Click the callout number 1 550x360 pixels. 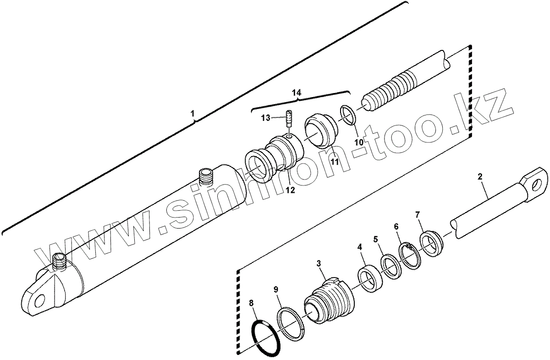pos(193,114)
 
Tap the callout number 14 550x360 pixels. pos(297,93)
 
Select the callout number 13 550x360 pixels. pos(265,118)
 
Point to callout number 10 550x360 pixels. pos(359,142)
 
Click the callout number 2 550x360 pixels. pos(480,176)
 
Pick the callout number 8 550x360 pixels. pos(251,303)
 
